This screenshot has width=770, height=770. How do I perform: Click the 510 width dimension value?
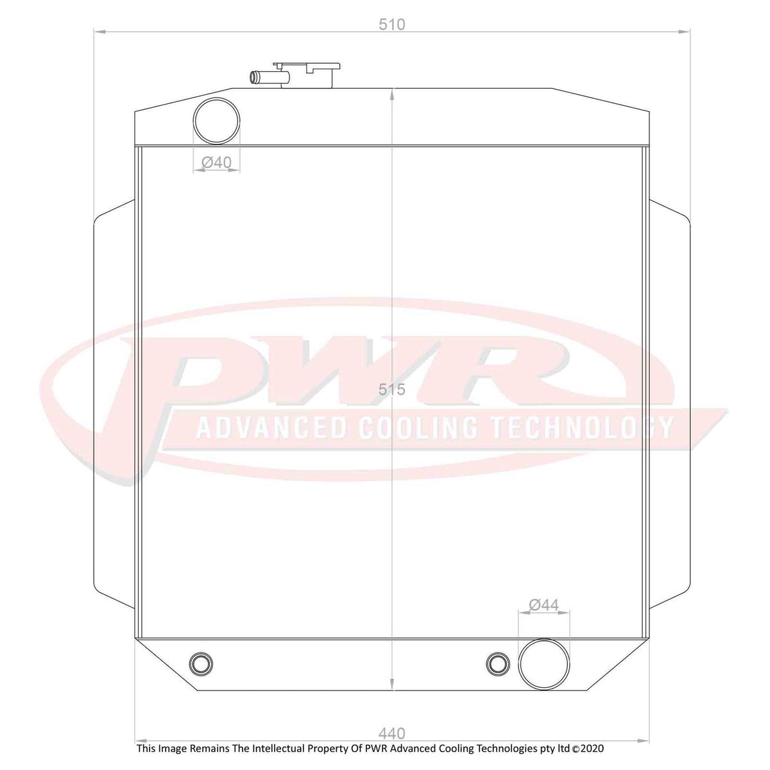[x=392, y=24]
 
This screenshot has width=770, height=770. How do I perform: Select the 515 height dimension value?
[x=392, y=389]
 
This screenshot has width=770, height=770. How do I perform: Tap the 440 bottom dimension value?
[x=392, y=733]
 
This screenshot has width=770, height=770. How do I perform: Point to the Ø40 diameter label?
[x=216, y=163]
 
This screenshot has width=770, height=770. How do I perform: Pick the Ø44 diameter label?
[x=543, y=604]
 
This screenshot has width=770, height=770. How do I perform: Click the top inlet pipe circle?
[x=216, y=121]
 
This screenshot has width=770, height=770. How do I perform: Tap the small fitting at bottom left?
[x=200, y=662]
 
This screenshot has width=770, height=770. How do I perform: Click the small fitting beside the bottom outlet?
[x=497, y=662]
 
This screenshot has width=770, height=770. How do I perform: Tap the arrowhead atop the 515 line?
[x=392, y=94]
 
